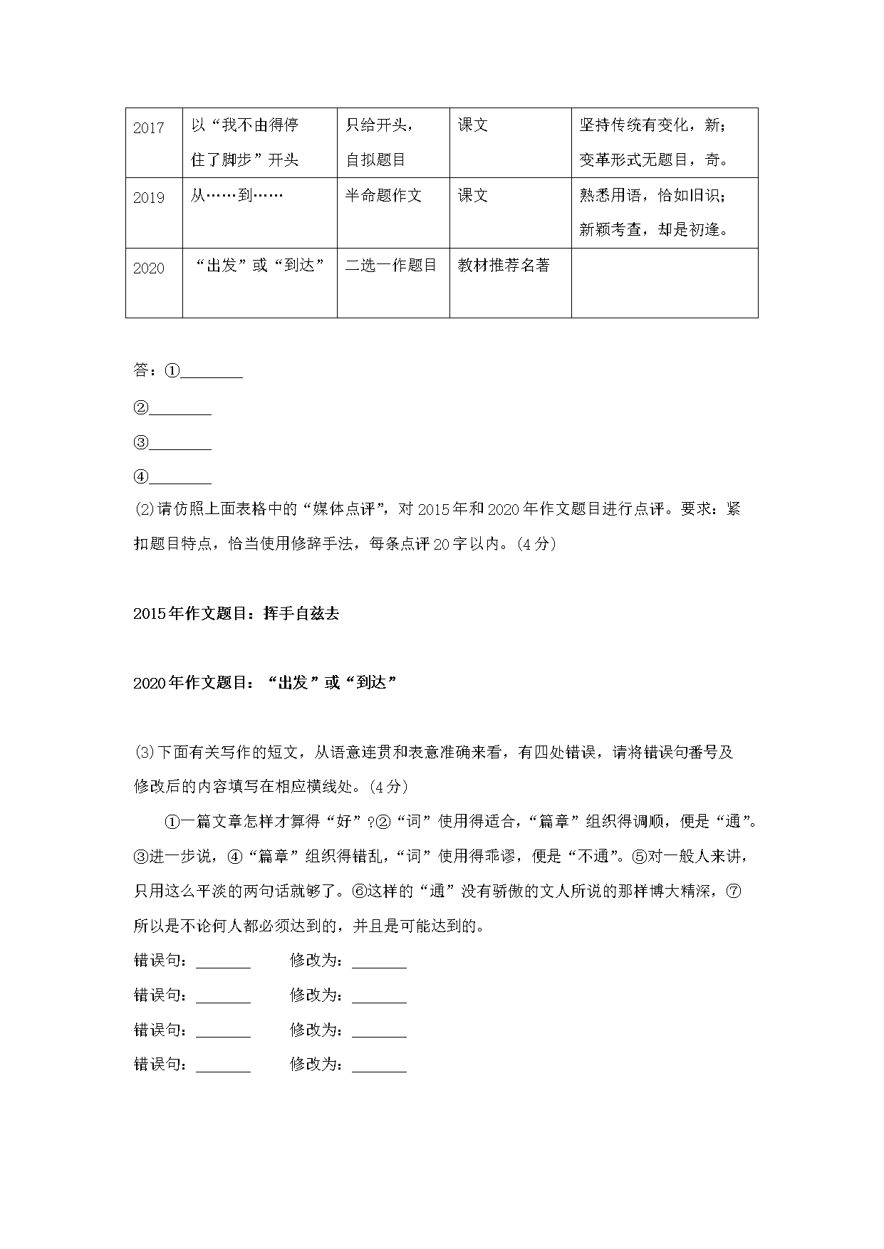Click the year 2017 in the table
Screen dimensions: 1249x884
pos(148,128)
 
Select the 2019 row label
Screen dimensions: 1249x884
pos(148,198)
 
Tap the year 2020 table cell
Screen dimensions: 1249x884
pos(148,268)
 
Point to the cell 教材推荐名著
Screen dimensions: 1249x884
pos(504,266)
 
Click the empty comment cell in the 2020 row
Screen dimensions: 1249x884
pos(664,283)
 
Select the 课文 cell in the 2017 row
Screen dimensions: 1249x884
pos(473,125)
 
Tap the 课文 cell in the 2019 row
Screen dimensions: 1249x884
pos(473,195)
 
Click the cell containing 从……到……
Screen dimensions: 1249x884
pos(236,195)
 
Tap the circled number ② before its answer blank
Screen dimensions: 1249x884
pos(140,408)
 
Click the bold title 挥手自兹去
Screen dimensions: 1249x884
pos(301,613)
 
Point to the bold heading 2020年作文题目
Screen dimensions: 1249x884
pos(191,683)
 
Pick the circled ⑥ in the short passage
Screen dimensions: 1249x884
pos(359,892)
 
